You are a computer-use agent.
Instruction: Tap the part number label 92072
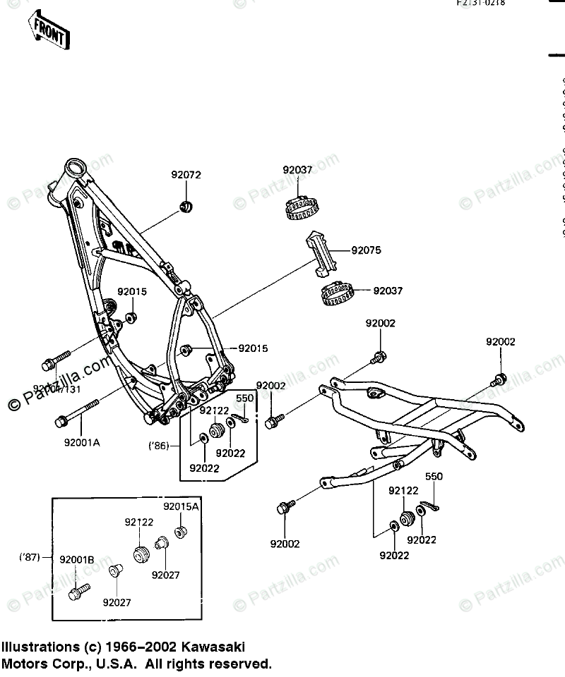pyautogui.click(x=186, y=174)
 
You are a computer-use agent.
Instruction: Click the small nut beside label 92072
pyautogui.click(x=187, y=207)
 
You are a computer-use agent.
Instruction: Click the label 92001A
pyautogui.click(x=82, y=444)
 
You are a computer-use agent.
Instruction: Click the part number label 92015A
pyautogui.click(x=182, y=506)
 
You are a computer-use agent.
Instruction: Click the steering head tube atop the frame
pyautogui.click(x=73, y=169)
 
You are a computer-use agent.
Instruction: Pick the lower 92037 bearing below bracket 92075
pyautogui.click(x=335, y=293)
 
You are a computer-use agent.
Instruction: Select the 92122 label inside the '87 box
pyautogui.click(x=140, y=523)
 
